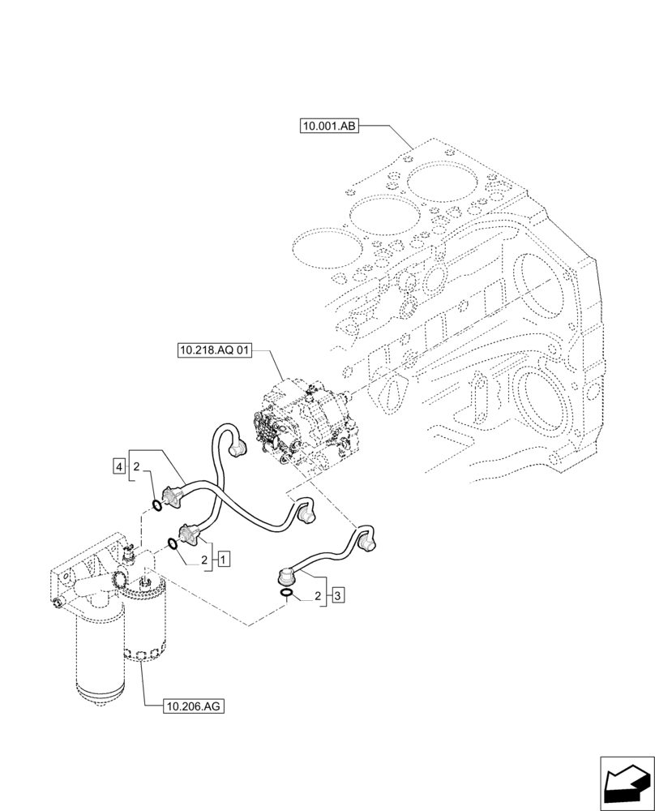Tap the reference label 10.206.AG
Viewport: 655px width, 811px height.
coord(192,706)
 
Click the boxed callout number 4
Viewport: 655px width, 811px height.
coord(119,466)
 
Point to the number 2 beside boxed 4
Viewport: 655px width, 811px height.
coord(137,467)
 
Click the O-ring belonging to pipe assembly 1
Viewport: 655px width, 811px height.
coord(173,544)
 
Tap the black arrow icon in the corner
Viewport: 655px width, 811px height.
coord(626,783)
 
